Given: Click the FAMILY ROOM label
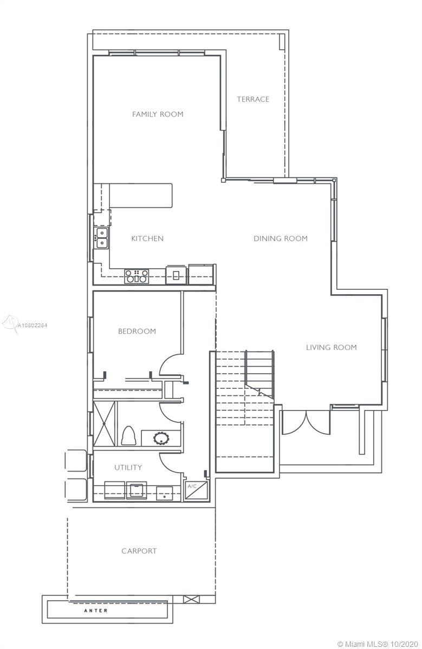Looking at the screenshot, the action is [x=158, y=114].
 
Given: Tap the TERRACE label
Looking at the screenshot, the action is [x=253, y=100].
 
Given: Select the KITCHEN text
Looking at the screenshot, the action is [x=147, y=239].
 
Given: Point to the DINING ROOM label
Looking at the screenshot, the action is [x=281, y=239].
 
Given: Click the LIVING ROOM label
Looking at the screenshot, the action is [x=332, y=347].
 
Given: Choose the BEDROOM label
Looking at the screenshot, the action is [x=137, y=331].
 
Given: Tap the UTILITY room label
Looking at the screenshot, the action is [x=128, y=467].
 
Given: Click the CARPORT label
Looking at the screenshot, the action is [x=139, y=551].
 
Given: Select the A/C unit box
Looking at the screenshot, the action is [x=197, y=491].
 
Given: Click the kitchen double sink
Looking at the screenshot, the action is [x=102, y=238].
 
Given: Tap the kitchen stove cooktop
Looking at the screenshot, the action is [x=137, y=276].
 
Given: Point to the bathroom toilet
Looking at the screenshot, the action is [x=128, y=435].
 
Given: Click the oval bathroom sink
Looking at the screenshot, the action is [x=161, y=439].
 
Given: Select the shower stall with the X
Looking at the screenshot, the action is [x=104, y=423].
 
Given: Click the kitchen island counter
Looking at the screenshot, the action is [x=141, y=195].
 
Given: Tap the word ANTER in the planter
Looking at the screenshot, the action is [x=96, y=611].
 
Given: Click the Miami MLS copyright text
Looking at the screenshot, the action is [x=379, y=644].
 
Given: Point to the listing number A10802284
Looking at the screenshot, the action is [x=32, y=326].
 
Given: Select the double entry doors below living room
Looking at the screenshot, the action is [x=306, y=422].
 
